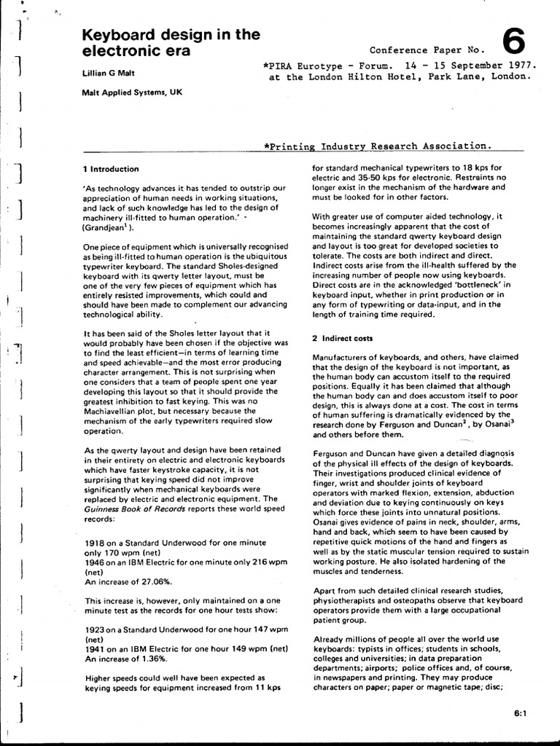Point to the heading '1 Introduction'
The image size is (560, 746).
click(x=112, y=169)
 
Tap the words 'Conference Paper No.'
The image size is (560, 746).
click(x=427, y=50)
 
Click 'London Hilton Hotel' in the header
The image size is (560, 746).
click(x=365, y=75)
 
